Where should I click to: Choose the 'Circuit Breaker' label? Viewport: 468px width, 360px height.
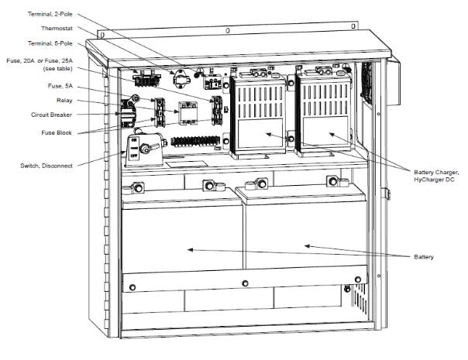[x=57, y=115]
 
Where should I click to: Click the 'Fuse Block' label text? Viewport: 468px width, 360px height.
[x=61, y=132]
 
